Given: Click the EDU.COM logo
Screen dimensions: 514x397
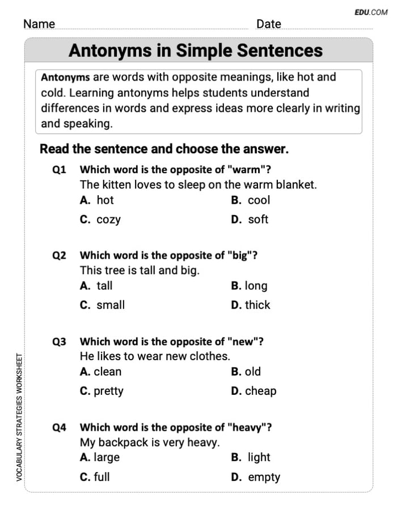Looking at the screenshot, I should point(371,12).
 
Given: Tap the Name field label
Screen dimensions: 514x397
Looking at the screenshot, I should point(39,24).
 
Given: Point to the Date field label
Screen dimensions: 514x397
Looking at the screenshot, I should point(268,24).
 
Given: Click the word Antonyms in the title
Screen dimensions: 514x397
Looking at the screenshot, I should point(113,50).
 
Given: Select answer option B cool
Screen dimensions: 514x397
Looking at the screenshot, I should point(251,200).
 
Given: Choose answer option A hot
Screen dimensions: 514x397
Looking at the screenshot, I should point(97,200).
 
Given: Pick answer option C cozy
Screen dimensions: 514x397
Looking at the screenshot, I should point(100,220).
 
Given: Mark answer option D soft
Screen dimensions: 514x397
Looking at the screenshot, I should point(250,220).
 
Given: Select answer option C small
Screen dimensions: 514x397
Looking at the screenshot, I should point(103,305).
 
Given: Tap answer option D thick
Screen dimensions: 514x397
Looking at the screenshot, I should point(251,305).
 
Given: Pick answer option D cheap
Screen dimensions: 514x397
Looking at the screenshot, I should point(254,391).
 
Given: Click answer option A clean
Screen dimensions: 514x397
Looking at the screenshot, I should point(101,372).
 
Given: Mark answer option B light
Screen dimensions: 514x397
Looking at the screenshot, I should point(251,457).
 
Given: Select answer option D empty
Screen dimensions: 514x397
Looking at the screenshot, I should point(256,477).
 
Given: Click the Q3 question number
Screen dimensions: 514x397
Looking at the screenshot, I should point(59,342).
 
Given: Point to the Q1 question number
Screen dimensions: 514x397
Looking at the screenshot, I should point(59,169).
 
